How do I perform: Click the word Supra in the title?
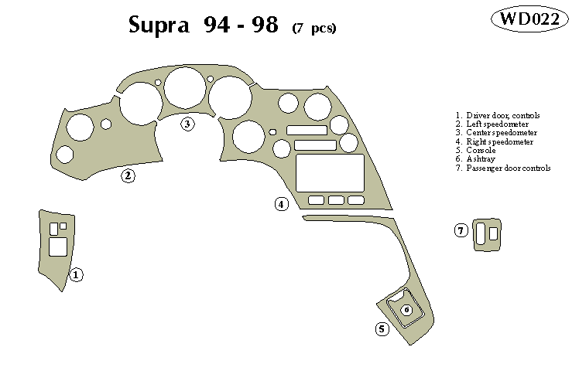point(159,26)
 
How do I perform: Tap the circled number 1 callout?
point(76,274)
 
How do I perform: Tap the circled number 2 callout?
point(128,176)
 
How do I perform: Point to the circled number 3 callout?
point(187,124)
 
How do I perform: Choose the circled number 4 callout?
point(281,204)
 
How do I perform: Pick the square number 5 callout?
point(382,329)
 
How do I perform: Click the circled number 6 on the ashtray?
point(406,310)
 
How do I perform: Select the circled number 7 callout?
point(461,230)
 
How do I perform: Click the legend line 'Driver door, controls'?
point(502,116)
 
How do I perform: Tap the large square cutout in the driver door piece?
point(57,247)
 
